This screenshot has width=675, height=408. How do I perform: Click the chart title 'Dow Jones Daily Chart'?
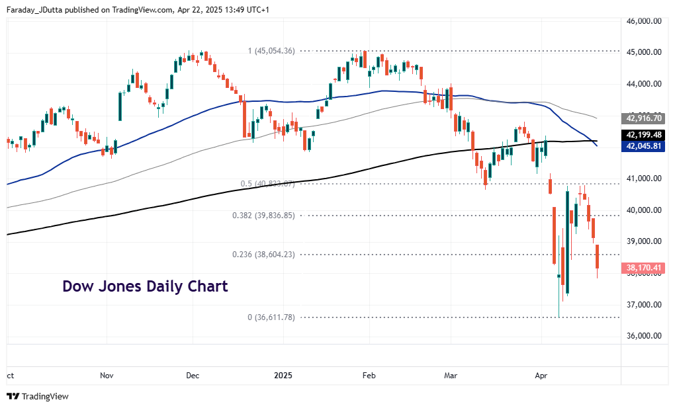click(x=145, y=286)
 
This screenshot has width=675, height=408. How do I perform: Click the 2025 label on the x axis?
click(x=283, y=376)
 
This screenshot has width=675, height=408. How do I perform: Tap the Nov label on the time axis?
click(x=106, y=376)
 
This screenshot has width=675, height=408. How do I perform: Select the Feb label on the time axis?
click(x=369, y=376)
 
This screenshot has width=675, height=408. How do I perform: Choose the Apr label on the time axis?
click(x=541, y=376)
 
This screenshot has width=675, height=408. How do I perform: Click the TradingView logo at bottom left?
click(x=38, y=396)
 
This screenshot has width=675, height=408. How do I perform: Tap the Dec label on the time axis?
click(x=192, y=376)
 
